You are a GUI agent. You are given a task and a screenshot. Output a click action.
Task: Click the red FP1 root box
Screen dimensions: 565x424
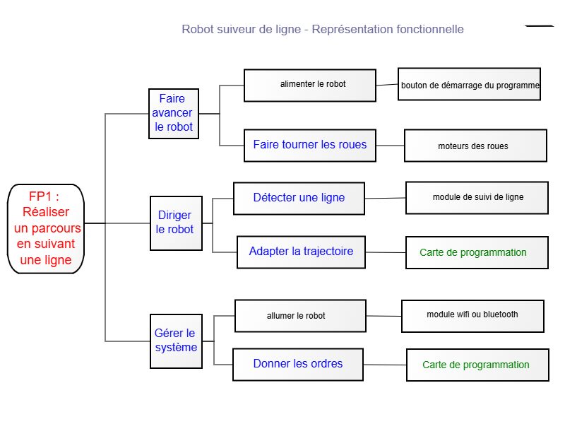[46, 228]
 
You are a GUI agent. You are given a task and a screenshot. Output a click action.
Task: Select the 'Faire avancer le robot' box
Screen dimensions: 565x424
[174, 114]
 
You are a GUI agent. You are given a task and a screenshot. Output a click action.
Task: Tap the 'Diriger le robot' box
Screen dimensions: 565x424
[176, 223]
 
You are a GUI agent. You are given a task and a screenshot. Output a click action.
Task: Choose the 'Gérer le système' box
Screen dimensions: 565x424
[176, 341]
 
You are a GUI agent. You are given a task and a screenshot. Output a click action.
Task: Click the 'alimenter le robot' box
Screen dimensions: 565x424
[310, 86]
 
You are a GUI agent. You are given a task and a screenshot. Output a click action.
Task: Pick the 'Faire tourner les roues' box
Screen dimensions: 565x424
[310, 146]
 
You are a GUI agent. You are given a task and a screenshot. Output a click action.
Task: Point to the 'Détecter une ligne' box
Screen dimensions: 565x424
[299, 199]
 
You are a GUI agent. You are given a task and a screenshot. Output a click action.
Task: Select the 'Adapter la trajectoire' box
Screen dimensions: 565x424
[302, 252]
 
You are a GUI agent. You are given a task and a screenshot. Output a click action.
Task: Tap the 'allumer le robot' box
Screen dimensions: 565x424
[301, 316]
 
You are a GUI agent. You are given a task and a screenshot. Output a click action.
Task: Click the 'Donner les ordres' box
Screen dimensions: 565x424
[298, 365]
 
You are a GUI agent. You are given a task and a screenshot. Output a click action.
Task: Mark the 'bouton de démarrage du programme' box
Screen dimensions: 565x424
[469, 84]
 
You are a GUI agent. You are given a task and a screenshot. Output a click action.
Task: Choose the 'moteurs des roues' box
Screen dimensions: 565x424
[475, 146]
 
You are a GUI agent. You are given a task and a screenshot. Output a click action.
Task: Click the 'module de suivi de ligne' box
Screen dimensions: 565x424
[477, 198]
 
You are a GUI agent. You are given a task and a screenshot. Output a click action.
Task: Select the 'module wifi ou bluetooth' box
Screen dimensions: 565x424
[472, 316]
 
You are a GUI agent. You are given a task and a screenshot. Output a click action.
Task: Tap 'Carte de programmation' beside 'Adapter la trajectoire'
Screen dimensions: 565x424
[477, 253]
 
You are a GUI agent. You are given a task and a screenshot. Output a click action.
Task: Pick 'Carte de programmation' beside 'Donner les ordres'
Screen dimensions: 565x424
[478, 365]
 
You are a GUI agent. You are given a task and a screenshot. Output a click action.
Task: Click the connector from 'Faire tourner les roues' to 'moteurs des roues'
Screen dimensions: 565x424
[391, 146]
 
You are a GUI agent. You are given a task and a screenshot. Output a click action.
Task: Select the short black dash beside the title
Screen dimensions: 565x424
[539, 26]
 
